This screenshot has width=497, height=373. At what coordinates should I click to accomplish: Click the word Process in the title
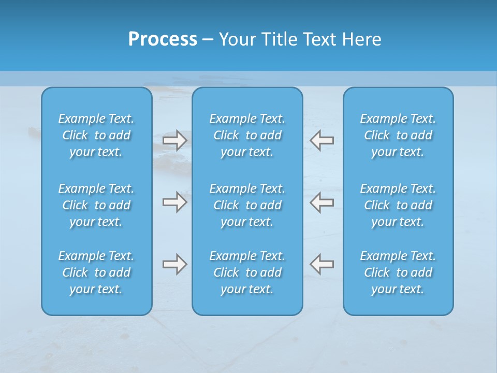pos(163,39)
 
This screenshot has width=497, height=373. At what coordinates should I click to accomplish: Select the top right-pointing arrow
pos(175,140)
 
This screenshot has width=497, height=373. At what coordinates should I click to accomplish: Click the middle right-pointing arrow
pos(175,202)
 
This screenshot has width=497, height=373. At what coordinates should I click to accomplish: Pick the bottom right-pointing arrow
pos(175,264)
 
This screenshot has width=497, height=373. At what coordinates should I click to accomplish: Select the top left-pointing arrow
pos(321,140)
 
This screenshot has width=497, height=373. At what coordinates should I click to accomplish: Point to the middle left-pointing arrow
pos(321,202)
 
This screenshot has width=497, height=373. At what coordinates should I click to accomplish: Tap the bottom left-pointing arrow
pos(321,264)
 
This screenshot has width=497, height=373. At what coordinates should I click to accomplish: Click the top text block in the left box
pos(96,135)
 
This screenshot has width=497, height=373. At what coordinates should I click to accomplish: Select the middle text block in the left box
pos(96,205)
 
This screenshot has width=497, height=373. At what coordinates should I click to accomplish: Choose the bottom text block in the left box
pos(96,272)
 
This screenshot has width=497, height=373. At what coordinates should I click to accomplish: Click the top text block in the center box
pos(247,135)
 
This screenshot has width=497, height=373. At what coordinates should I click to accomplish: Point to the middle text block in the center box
pos(247,205)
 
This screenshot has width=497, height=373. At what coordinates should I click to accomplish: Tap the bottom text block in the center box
pos(247,272)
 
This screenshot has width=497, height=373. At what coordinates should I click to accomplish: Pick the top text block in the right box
pos(398,135)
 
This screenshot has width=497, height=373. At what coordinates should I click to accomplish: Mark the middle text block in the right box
pos(398,205)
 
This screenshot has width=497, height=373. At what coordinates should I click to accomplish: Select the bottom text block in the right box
pos(398,272)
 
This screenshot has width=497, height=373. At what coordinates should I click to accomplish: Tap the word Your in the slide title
pos(237,39)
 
